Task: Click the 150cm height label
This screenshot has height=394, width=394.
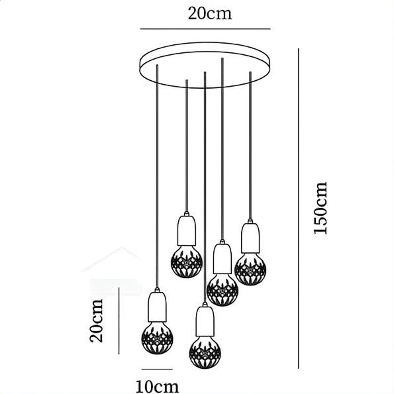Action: pyautogui.click(x=320, y=208)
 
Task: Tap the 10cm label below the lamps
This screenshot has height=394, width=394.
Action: pyautogui.click(x=158, y=386)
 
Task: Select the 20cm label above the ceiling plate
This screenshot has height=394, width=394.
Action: pyautogui.click(x=210, y=13)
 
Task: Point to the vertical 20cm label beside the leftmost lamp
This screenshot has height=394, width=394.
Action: pyautogui.click(x=96, y=320)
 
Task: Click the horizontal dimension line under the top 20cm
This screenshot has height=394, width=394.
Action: pyautogui.click(x=205, y=29)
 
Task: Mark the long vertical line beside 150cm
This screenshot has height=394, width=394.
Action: pyautogui.click(x=298, y=209)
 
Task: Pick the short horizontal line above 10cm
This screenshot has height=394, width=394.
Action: pyautogui.click(x=157, y=369)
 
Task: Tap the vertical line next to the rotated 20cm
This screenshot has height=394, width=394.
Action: pyautogui.click(x=119, y=321)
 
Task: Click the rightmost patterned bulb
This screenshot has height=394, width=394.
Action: pyautogui.click(x=250, y=269)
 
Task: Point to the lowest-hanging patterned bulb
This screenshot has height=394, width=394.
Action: pyautogui.click(x=205, y=352)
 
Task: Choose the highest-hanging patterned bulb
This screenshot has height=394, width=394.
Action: pyautogui.click(x=187, y=262)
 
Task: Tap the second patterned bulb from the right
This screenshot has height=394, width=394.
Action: pyautogui.click(x=222, y=290)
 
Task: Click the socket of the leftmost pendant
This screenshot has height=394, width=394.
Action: pyautogui.click(x=158, y=305)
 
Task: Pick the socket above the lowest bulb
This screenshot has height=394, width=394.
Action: pyautogui.click(x=205, y=319)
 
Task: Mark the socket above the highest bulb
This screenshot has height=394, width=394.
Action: pyautogui.click(x=187, y=228)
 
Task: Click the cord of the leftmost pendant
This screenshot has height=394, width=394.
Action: pyautogui.click(x=158, y=176)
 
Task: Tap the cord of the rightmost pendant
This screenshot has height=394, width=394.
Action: pyautogui.click(x=250, y=146)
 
